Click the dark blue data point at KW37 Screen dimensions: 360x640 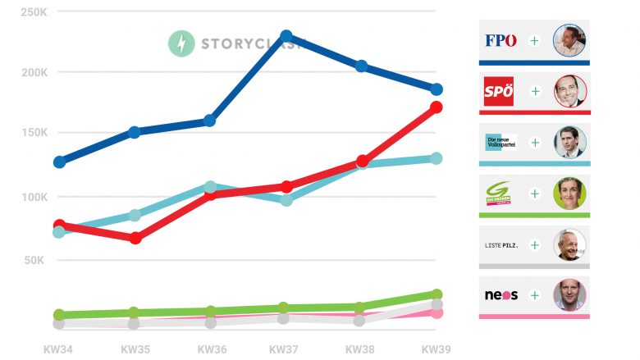[286, 36]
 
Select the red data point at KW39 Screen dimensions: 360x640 [437, 107]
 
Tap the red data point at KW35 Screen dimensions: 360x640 [135, 238]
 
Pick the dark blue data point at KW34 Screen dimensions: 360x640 [59, 162]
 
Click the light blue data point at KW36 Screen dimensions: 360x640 [210, 187]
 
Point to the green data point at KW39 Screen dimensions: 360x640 [437, 294]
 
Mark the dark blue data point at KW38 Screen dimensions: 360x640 [361, 66]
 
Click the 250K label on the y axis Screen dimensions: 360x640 [34, 12]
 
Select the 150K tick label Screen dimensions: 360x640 [34, 133]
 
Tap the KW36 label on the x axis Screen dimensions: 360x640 [212, 349]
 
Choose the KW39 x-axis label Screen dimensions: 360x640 [436, 349]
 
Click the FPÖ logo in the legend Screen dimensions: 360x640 [501, 40]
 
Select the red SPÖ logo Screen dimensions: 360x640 [499, 91]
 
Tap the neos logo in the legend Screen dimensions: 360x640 [501, 295]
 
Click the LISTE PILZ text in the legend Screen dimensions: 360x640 [501, 244]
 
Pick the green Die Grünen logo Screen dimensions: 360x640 [499, 194]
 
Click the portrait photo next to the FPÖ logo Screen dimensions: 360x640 [569, 40]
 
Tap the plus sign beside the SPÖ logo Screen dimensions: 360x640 [535, 91]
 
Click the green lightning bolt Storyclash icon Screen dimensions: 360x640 [181, 43]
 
